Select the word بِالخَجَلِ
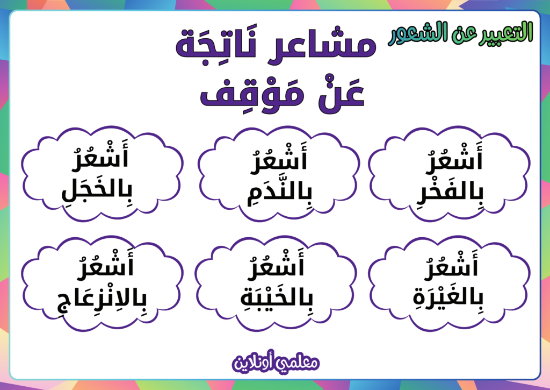pyautogui.click(x=97, y=192)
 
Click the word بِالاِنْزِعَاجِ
pyautogui.click(x=102, y=299)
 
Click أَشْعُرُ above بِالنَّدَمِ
pyautogui.click(x=279, y=158)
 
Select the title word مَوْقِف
pyautogui.click(x=252, y=93)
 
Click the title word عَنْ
pyautogui.click(x=341, y=93)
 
